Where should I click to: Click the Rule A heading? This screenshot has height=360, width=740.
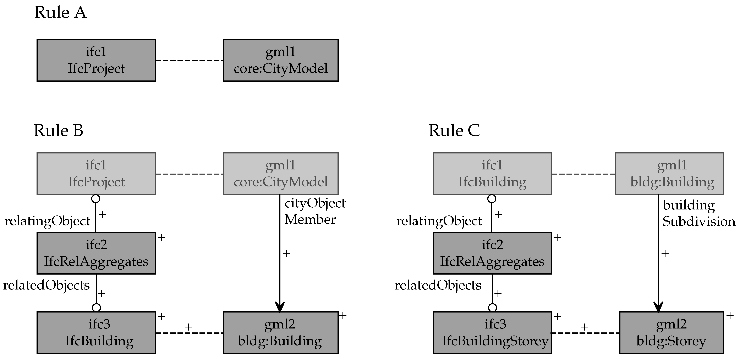click(60, 13)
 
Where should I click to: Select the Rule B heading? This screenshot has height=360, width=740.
click(58, 131)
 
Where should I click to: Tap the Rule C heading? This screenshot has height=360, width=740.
click(454, 131)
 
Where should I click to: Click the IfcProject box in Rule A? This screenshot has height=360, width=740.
click(96, 60)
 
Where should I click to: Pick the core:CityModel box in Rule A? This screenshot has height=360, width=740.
click(281, 60)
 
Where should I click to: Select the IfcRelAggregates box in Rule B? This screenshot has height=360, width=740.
click(96, 253)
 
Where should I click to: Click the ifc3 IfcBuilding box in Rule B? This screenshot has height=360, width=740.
click(96, 333)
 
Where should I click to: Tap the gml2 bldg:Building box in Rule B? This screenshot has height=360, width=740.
click(281, 333)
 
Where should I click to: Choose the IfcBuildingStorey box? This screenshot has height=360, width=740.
click(492, 333)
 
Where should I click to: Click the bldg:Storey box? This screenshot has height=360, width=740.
click(671, 333)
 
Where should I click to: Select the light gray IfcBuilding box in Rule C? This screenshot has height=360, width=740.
click(492, 174)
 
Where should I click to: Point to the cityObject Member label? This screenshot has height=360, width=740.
click(314, 212)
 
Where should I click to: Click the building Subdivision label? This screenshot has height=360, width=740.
click(698, 214)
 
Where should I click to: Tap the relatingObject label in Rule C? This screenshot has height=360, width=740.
click(439, 221)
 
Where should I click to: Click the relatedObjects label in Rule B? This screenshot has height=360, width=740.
click(46, 286)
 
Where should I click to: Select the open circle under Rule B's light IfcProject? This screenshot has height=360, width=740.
click(96, 199)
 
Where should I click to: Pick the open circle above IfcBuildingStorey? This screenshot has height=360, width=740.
click(492, 308)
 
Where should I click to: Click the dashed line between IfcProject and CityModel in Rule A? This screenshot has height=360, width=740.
click(190, 61)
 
